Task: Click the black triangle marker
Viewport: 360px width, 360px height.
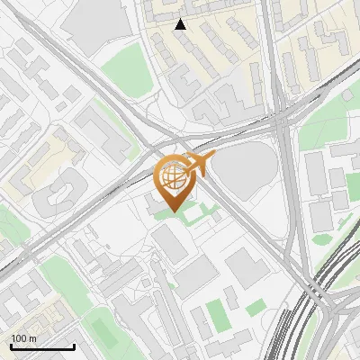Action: (181, 24)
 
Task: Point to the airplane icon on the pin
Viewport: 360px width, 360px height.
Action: (200, 164)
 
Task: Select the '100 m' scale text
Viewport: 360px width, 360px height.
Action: (23, 337)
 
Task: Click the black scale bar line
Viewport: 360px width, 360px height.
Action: (42, 346)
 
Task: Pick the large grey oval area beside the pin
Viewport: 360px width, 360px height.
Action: (246, 167)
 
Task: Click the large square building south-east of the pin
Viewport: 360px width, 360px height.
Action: (245, 268)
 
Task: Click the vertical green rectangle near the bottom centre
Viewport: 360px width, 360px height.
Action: (216, 315)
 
